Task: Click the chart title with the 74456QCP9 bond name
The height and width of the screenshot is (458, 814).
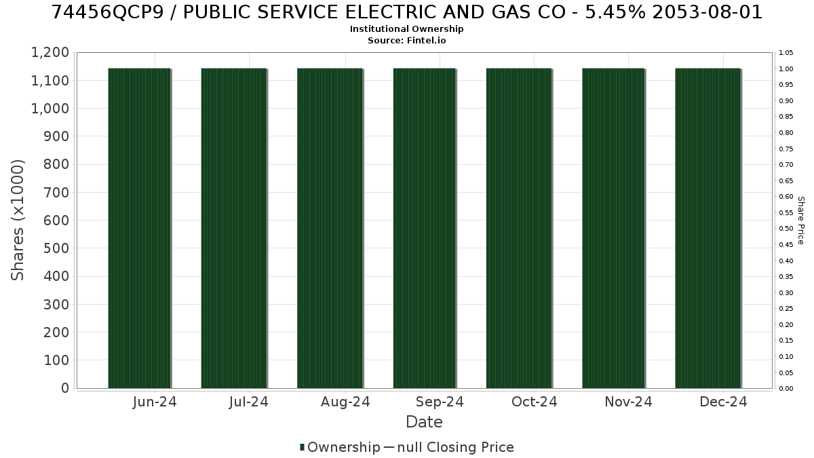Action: [406, 12]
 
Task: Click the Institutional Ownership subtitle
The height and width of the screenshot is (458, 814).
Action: [406, 29]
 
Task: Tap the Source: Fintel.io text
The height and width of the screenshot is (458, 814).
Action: [406, 40]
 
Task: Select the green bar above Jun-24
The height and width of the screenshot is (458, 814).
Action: [140, 228]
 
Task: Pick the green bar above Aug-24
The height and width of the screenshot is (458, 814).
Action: [330, 228]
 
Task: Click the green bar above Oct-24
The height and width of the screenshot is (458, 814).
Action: [520, 228]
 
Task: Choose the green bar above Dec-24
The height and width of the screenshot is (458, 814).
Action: [708, 228]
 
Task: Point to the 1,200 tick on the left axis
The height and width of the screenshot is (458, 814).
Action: [50, 52]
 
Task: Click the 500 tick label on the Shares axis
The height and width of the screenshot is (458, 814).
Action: [56, 248]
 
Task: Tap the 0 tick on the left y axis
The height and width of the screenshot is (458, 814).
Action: [65, 388]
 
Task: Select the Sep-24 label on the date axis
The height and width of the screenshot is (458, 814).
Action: [440, 402]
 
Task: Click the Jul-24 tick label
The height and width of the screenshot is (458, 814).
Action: [249, 402]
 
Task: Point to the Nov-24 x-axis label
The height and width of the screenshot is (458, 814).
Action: [628, 402]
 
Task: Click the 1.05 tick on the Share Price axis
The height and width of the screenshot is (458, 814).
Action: [786, 53]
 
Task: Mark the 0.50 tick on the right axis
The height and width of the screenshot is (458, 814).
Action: [786, 229]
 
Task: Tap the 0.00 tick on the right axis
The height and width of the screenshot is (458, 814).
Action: [786, 389]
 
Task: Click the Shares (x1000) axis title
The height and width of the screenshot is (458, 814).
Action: [18, 221]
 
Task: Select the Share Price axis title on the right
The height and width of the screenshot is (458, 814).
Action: [801, 221]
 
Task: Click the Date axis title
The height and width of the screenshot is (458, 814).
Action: [424, 422]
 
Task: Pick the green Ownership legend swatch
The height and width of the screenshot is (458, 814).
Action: [302, 447]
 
